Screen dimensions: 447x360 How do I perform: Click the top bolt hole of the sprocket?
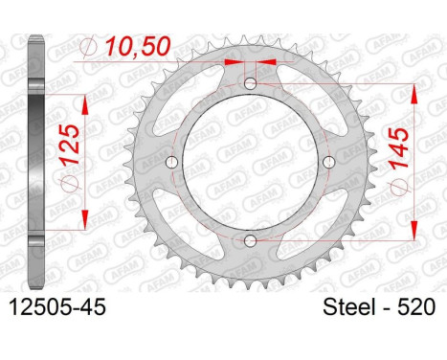click(250, 84)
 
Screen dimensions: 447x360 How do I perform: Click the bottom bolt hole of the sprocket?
click(250, 240)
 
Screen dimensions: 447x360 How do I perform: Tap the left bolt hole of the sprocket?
click(172, 162)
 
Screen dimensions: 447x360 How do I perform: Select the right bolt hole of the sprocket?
click(328, 162)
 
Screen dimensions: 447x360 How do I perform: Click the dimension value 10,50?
click(138, 47)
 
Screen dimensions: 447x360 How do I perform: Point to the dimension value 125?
click(70, 145)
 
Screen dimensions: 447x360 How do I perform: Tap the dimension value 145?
click(399, 147)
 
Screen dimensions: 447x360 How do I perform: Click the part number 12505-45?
click(57, 307)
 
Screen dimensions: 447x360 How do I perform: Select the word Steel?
click(348, 307)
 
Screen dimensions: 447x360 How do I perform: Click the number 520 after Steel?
click(415, 307)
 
